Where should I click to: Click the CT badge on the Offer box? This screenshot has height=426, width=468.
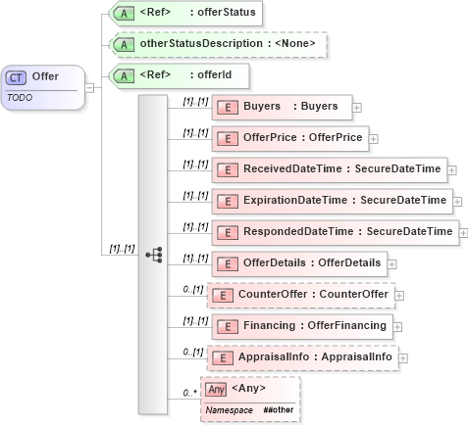17,77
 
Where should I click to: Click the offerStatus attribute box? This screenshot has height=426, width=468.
172,14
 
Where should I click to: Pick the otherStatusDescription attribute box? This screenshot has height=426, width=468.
217,44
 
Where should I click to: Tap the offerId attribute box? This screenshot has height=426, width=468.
164,75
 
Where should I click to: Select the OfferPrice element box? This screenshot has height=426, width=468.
286,138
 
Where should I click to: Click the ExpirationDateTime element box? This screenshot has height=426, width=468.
330,201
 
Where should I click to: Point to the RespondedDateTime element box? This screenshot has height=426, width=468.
334,232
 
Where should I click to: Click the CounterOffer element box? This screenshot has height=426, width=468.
297,294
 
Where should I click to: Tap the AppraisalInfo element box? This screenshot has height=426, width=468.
300,356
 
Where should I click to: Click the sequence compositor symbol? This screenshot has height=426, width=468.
153,255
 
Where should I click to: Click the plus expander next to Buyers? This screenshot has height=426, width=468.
357,107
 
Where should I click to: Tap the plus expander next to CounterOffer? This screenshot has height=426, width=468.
399,295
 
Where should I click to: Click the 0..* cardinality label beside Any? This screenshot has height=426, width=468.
188,394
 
